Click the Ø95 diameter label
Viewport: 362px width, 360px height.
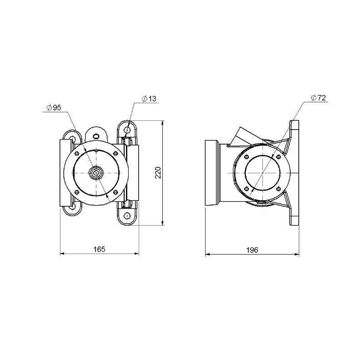54,108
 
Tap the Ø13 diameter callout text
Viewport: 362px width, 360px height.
149,99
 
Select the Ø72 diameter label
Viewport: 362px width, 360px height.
318,98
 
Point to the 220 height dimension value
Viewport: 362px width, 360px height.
158,173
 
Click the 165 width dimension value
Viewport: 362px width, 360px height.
99,249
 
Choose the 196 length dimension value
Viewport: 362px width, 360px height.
252,250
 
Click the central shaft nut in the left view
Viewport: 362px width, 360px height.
96,173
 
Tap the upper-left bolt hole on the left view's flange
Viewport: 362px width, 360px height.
77,153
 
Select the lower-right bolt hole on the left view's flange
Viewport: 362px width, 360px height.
116,192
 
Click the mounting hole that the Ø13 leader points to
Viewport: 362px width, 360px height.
127,130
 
